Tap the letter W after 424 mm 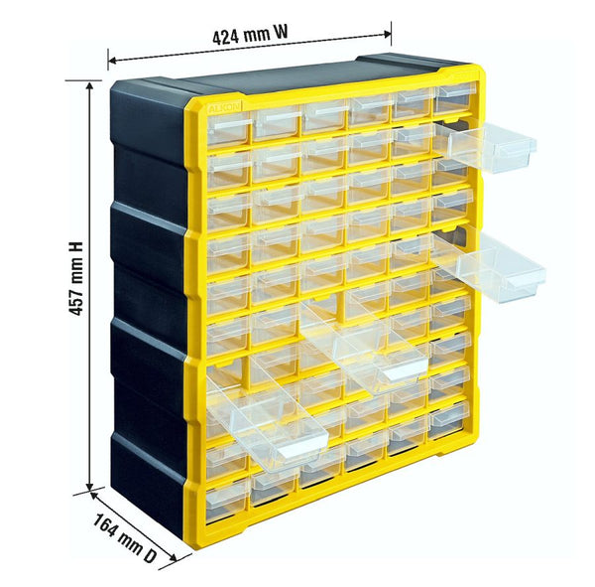(282, 33)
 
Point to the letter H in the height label (75, 246)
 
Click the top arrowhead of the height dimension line (91, 88)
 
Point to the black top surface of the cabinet (288, 77)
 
